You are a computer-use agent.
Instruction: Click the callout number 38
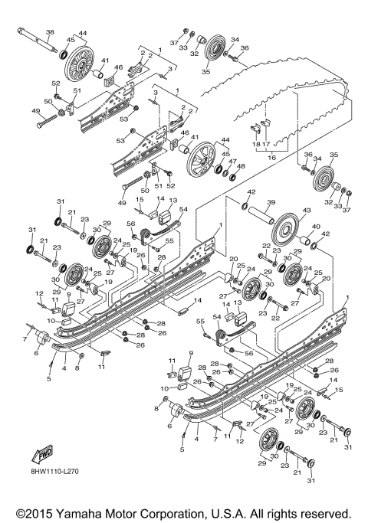(50, 31)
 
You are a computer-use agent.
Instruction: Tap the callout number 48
(242, 166)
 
